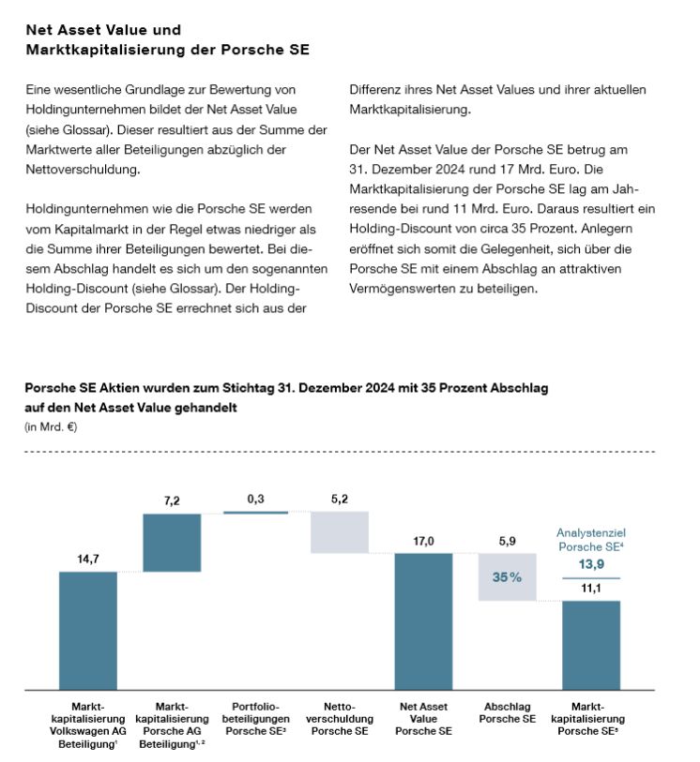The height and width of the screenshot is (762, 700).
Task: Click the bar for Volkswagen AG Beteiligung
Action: coord(88,631)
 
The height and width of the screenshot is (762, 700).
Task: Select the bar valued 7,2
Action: coord(172,542)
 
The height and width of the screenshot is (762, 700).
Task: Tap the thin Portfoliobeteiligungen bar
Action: coord(255,513)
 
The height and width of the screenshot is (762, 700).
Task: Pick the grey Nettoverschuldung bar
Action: coord(340,531)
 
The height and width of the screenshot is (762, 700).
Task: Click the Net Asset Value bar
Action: coord(423,621)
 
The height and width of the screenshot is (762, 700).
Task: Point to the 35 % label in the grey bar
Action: coord(507,577)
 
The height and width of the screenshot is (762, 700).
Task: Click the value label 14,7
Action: coord(88,560)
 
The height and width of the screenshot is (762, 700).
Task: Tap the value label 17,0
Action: coord(423,541)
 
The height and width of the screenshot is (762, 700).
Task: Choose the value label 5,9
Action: coord(507,541)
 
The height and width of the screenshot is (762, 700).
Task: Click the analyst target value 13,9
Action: coord(591,564)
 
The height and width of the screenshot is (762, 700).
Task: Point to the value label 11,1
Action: coord(591,589)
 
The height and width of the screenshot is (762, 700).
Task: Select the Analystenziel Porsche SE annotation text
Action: coord(591,539)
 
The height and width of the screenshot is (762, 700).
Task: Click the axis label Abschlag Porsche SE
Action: coord(507,712)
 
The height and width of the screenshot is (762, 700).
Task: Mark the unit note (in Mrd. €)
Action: coord(52,427)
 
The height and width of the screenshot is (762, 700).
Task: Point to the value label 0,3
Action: coord(255,500)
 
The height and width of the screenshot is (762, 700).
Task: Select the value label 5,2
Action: coord(340,500)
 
